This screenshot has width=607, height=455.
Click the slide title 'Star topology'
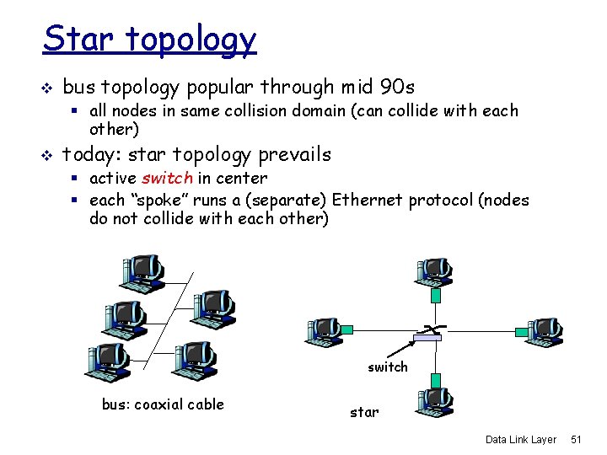pos(150,39)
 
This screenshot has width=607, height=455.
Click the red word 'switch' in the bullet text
pos(167,178)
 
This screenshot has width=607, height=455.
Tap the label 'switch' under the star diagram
pos(387,367)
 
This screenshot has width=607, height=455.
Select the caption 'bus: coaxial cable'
pos(163,404)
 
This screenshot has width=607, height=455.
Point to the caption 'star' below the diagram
pos(364,412)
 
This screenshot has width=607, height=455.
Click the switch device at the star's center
pos(427,337)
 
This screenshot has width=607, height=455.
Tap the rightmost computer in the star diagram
pos(544,331)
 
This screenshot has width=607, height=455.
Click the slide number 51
pos(577,439)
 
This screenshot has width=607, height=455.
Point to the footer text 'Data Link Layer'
pos(521,439)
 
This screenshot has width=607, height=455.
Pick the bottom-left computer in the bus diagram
pos(105,360)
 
